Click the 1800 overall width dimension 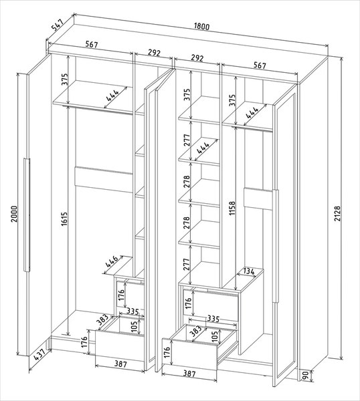[x=202, y=26]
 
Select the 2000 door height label [x=15, y=214]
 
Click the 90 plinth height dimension [x=305, y=376]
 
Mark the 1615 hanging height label [x=64, y=219]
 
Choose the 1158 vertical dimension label [x=232, y=208]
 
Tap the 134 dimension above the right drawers [x=249, y=271]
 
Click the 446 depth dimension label [x=112, y=261]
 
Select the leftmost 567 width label [x=92, y=45]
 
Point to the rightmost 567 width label [x=260, y=65]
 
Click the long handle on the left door [x=27, y=215]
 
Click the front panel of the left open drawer [x=120, y=346]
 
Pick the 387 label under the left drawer [x=120, y=364]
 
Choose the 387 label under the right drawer [x=189, y=374]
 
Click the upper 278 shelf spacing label [x=187, y=181]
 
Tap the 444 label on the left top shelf [x=112, y=96]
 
